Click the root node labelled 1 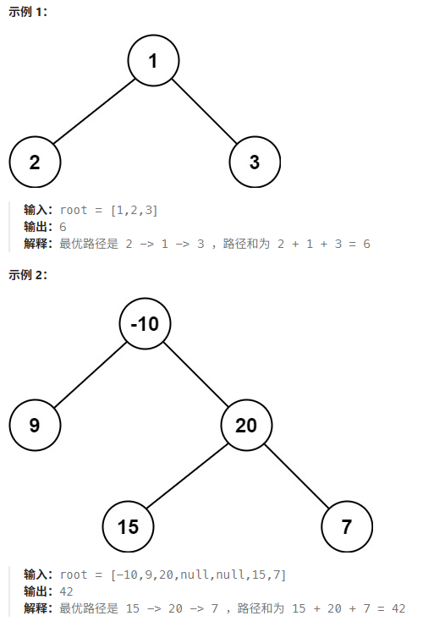tap(153, 60)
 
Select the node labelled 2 tap(35, 162)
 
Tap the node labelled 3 tap(255, 162)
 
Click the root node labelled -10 tap(145, 323)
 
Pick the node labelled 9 tap(35, 425)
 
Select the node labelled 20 tap(246, 425)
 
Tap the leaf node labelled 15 tap(128, 526)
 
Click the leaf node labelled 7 tap(347, 526)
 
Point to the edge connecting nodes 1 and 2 tap(95, 111)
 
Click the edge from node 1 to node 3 tap(204, 111)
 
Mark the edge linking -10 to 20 tap(195, 374)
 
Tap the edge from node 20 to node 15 tap(187, 476)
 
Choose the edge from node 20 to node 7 tap(297, 476)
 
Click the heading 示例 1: tap(28, 12)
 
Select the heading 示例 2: tap(28, 275)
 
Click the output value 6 tap(63, 227)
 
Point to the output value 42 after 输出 tap(66, 591)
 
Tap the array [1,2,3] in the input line tap(134, 211)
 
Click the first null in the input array tap(195, 575)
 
